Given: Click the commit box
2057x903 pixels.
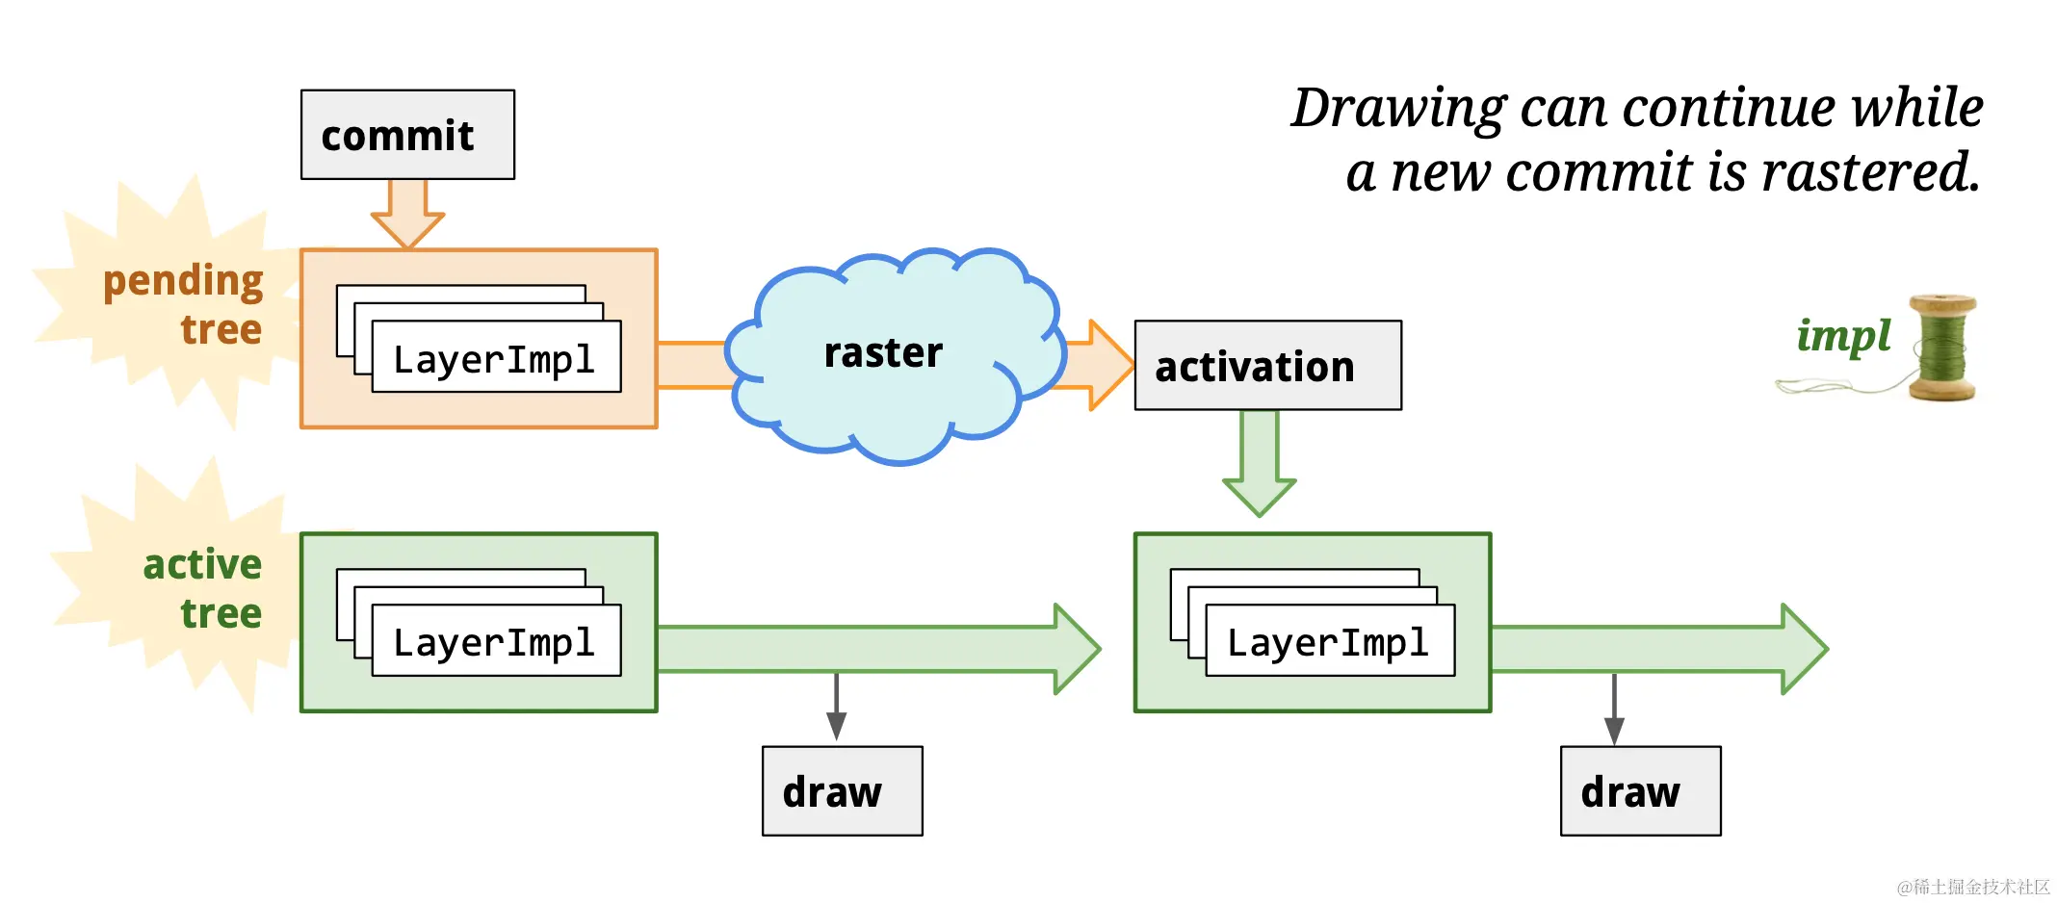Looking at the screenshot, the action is (407, 135).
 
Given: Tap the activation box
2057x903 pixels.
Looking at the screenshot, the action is (1267, 366).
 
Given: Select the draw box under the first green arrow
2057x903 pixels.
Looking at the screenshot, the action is (842, 791).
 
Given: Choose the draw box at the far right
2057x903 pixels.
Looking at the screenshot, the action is (1640, 791).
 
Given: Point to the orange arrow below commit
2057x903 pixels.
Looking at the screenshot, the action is (407, 214).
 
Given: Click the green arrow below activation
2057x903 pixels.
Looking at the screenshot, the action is (1259, 463).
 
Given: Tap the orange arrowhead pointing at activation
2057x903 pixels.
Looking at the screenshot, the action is (1110, 366).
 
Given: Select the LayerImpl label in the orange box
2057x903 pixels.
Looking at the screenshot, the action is (494, 359).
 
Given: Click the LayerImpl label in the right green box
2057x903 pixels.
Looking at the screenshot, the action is (1328, 642).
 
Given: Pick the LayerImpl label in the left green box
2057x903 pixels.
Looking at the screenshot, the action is (494, 642).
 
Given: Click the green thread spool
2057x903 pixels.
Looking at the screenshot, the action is (1942, 348).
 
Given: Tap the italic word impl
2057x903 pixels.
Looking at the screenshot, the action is (1843, 336).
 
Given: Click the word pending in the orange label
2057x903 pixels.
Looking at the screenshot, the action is (183, 282).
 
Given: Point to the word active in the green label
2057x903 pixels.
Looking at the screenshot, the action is (202, 564).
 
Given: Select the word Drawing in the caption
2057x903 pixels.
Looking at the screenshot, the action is (1397, 108).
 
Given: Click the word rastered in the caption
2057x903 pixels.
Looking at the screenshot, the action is (1870, 172).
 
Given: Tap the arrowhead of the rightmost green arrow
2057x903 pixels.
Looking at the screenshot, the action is (1805, 649).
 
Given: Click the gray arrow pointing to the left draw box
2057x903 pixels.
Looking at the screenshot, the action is (836, 707).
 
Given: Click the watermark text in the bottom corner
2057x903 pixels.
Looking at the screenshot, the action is (1973, 887).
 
